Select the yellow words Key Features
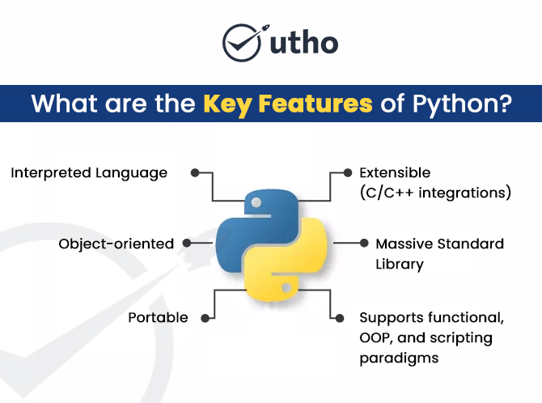[287, 104]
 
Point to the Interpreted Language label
[89, 172]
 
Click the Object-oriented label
[116, 243]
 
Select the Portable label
[158, 317]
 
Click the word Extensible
[395, 172]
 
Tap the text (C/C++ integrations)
[435, 193]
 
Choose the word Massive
[404, 244]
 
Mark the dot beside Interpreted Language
[194, 172]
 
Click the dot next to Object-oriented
[187, 243]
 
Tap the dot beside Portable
[202, 317]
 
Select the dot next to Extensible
[348, 172]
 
